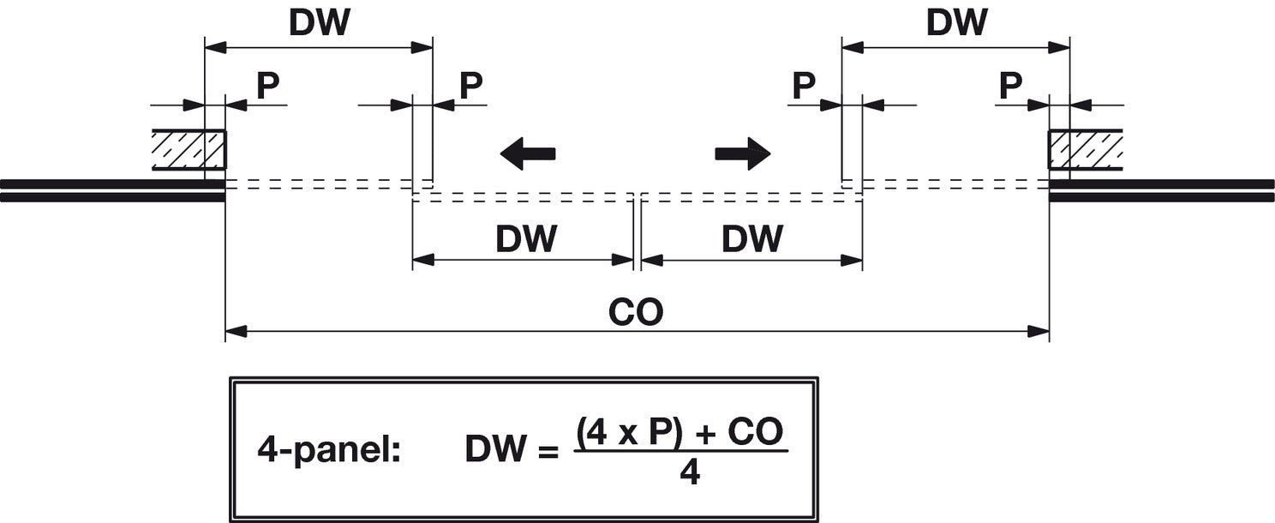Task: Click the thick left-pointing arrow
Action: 528,153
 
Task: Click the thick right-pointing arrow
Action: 743,153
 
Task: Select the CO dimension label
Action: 636,311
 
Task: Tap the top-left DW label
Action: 320,23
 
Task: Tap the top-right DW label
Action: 957,23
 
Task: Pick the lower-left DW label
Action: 526,238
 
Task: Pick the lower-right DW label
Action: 752,238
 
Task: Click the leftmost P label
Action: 267,86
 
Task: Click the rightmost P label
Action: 1010,86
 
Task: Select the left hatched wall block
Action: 189,150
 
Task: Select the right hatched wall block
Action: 1086,150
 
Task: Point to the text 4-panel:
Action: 329,451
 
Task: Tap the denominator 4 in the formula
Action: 690,472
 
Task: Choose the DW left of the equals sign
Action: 495,448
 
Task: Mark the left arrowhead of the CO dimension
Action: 236,331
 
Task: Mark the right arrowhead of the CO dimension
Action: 1039,331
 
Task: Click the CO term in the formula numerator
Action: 756,431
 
